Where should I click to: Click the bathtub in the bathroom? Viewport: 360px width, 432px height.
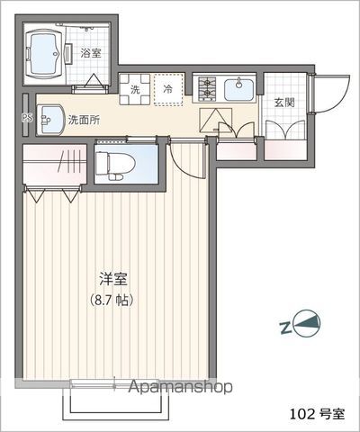[46, 54]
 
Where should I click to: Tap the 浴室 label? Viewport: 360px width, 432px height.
[91, 53]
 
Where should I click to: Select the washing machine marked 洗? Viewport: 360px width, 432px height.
[135, 89]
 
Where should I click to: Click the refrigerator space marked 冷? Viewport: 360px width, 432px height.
[168, 89]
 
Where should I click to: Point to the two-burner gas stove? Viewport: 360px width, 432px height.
[207, 89]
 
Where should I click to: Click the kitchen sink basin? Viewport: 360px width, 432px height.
[239, 89]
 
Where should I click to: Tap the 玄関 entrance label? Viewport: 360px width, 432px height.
[284, 103]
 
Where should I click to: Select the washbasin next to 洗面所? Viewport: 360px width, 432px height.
[50, 120]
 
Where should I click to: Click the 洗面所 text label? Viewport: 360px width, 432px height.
[85, 120]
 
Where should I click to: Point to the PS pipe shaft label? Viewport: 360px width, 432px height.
[26, 116]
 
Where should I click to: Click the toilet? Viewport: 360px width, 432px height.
[115, 164]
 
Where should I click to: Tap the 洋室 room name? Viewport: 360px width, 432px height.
[113, 279]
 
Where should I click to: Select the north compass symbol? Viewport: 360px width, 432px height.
[306, 324]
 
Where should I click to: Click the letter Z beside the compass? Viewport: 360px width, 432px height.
[285, 328]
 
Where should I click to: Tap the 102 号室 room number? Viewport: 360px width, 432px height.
[318, 414]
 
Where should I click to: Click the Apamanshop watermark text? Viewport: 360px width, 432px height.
[181, 387]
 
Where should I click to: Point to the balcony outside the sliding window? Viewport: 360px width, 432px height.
[115, 403]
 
